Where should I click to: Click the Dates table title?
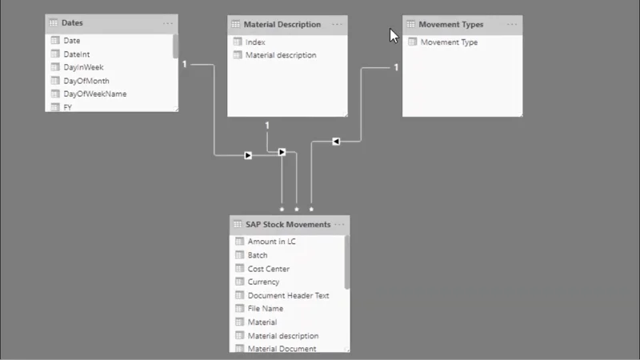tap(72, 23)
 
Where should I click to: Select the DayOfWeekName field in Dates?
tap(94, 94)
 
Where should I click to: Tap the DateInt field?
tap(76, 54)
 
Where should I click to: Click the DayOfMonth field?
tap(86, 81)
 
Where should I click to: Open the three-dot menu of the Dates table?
tap(168, 23)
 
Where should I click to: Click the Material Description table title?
tap(282, 25)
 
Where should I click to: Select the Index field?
tap(255, 42)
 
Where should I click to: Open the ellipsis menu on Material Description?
tap(337, 25)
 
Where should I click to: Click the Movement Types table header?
tap(450, 25)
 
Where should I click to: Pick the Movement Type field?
tap(449, 42)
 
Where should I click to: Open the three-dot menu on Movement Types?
tap(512, 25)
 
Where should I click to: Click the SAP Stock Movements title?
tap(288, 225)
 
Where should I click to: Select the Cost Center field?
tap(268, 269)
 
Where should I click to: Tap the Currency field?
tap(263, 282)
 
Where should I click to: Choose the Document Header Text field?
tap(288, 295)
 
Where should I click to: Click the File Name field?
tap(266, 309)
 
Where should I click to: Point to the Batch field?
tap(257, 255)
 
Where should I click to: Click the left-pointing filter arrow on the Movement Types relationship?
tap(336, 142)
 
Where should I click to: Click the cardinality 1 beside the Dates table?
tap(185, 64)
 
